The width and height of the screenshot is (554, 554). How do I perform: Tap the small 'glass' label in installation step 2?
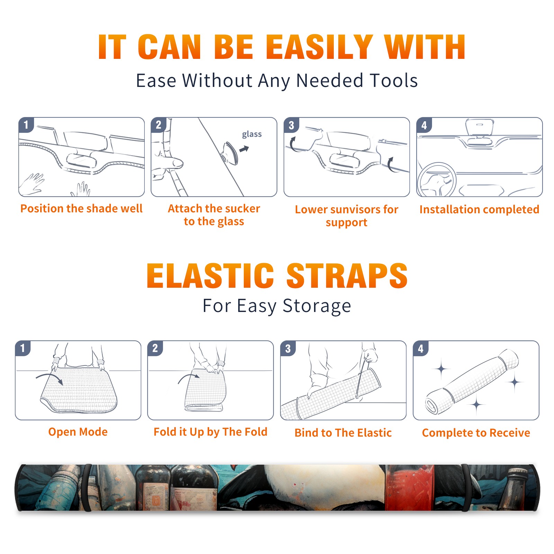pos(252,134)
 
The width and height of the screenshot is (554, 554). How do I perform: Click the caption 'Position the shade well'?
pos(81,208)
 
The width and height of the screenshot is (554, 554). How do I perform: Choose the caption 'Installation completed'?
pos(479,209)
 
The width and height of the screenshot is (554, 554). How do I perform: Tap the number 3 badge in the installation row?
pos(291,125)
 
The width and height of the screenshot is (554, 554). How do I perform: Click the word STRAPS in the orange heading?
pos(347,276)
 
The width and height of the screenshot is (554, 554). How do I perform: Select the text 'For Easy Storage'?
pos(277,306)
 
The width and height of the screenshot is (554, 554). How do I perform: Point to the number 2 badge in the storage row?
pos(155,348)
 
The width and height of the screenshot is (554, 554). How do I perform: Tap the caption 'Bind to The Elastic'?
pos(343,433)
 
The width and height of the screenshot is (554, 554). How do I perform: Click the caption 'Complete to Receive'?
pos(476,433)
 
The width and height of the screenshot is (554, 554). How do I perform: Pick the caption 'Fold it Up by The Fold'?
pos(210,432)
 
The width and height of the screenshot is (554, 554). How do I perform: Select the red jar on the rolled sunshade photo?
pos(410,488)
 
